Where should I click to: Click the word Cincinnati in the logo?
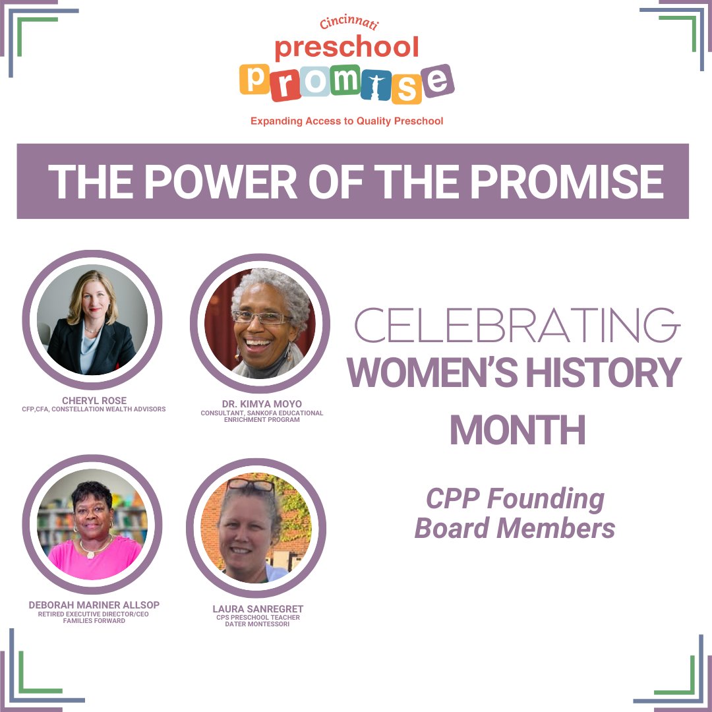tap(349, 24)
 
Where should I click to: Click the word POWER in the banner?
tap(220, 182)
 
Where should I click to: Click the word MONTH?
tap(517, 430)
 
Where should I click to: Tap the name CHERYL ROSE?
tap(94, 401)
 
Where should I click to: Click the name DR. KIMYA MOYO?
tap(262, 404)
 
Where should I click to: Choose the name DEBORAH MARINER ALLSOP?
tap(94, 605)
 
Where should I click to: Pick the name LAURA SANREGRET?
tap(258, 608)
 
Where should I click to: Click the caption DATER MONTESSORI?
tap(257, 624)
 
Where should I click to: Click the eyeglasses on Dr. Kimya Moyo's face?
tap(261, 318)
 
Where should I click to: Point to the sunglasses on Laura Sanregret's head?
tap(251, 486)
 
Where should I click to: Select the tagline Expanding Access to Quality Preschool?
tap(347, 121)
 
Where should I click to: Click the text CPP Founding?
tap(515, 499)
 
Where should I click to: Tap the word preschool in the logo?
tap(347, 47)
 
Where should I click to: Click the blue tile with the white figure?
tap(376, 85)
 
